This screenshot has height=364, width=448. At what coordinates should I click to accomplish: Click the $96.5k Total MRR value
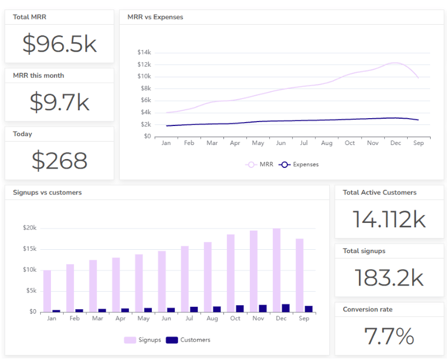59,44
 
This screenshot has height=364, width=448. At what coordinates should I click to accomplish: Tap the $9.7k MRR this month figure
59,102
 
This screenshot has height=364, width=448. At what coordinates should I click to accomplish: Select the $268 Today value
59,161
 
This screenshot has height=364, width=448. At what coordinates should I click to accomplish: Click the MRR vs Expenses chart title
155,17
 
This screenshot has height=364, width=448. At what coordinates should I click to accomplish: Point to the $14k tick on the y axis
144,52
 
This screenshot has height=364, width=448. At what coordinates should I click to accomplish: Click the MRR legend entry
260,165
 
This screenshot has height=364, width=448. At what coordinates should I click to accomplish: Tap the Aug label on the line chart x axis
327,143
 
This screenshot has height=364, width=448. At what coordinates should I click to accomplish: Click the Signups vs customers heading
47,192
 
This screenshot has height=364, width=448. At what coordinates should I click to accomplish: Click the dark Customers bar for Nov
263,308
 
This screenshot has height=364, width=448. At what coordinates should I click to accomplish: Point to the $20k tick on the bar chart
30,228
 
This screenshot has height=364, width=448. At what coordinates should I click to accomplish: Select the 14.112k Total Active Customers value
389,220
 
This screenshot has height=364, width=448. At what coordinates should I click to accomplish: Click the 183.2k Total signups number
389,278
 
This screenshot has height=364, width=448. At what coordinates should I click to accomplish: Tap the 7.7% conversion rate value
389,337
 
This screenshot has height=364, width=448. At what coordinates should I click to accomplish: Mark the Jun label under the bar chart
166,319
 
